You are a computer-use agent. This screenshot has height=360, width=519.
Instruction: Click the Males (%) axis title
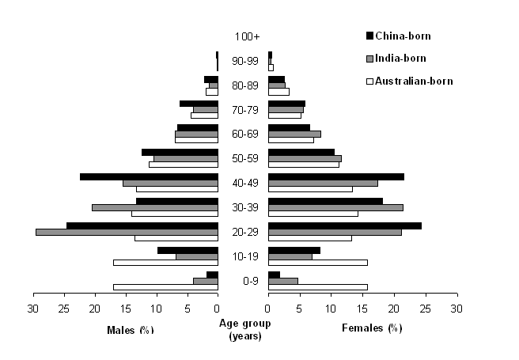(130, 329)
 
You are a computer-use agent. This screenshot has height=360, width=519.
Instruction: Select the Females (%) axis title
(372, 328)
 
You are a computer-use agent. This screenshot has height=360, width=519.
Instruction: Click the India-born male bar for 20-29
(127, 232)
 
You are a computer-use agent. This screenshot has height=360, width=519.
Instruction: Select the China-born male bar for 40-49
(149, 176)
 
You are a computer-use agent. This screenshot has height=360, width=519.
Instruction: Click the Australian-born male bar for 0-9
(165, 287)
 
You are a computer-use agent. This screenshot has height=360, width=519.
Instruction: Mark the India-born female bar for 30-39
(335, 207)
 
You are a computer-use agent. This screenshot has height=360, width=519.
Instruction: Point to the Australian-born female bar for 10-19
(318, 263)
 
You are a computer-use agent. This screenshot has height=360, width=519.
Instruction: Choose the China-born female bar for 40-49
(336, 176)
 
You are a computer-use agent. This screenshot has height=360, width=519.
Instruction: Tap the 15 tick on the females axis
(362, 309)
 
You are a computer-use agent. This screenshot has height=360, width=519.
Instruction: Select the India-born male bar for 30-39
(154, 207)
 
